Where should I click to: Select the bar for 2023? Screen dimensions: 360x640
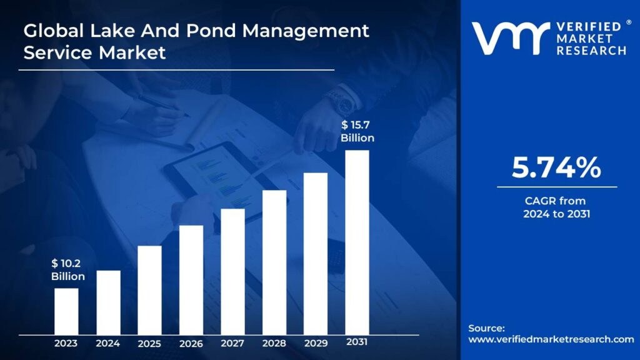point(66,311)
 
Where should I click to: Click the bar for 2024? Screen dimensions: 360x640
point(108,302)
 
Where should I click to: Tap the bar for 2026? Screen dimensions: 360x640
point(191,280)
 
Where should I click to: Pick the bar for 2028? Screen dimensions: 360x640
point(274,262)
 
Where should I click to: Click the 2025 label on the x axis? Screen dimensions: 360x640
point(149,344)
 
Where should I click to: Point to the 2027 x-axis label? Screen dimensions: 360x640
point(232,343)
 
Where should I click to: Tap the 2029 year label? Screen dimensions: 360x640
point(316,343)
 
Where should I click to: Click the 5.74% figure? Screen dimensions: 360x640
point(556,168)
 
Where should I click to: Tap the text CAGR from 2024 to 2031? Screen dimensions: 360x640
point(556,207)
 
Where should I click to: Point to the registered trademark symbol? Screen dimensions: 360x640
point(629,23)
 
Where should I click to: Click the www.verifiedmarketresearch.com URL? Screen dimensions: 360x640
point(551,339)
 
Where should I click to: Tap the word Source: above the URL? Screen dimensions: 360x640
point(486,328)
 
